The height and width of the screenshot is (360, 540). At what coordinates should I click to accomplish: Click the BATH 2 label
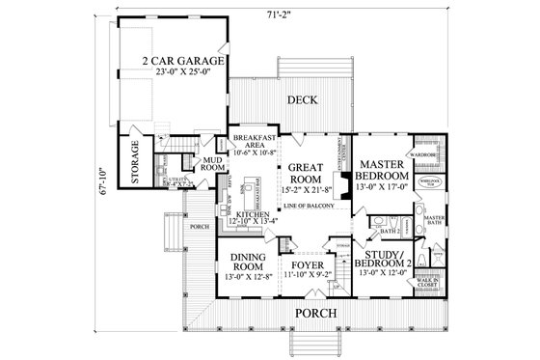389,231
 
